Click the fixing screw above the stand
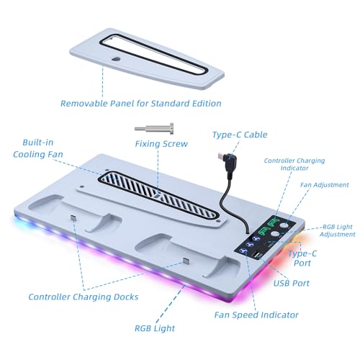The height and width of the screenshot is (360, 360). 154,129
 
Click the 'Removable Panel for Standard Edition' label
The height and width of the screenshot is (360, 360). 141,104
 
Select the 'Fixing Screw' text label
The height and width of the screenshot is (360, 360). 161,144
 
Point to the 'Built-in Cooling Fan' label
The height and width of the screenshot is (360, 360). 38,148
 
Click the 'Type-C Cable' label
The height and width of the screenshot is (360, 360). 240,135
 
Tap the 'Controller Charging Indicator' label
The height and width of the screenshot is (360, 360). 294,164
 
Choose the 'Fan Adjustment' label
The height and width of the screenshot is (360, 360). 325,185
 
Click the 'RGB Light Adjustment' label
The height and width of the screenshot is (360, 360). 338,230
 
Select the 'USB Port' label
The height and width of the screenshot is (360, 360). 292,283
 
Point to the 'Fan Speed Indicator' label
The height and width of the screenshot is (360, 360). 256,315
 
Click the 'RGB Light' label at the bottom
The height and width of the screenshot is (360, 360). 155,328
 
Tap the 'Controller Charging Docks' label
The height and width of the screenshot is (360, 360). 84,297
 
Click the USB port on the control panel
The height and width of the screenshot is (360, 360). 256,254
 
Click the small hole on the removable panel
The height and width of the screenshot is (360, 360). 117,59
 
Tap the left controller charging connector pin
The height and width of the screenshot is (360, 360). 73,218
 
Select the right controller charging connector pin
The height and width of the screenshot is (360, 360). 186,261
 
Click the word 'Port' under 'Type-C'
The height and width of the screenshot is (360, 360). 302,263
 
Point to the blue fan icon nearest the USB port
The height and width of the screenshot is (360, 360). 244,251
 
